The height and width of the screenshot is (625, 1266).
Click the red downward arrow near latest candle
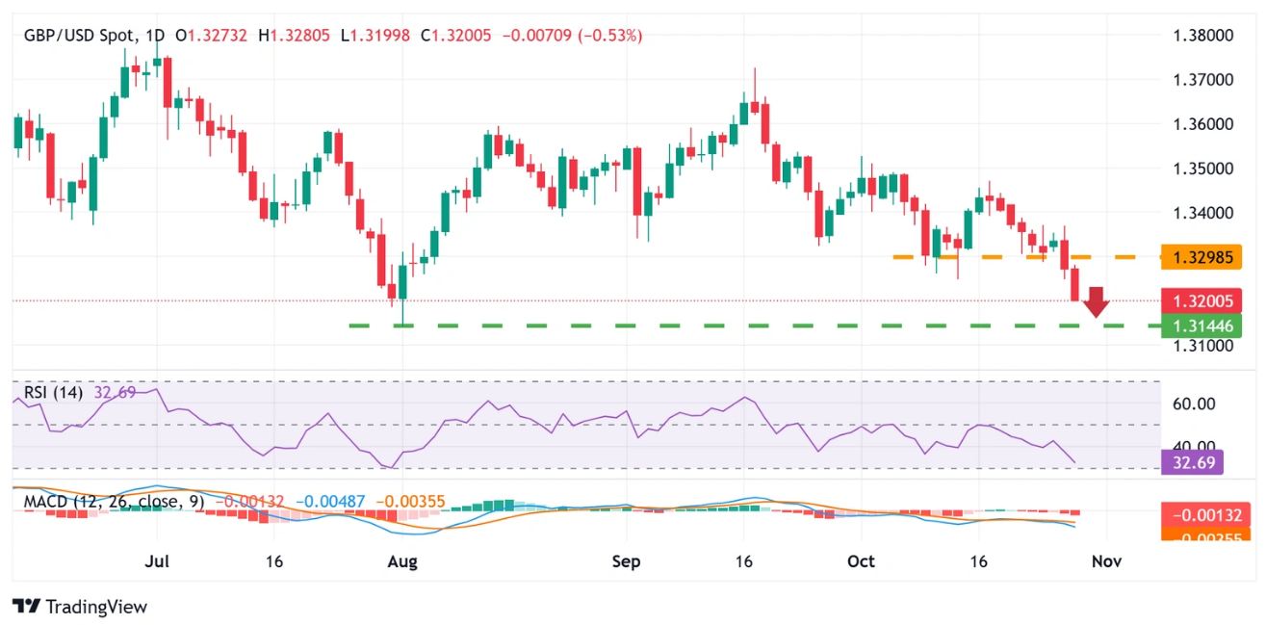click(x=1096, y=302)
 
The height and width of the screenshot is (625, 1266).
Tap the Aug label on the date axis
click(x=402, y=560)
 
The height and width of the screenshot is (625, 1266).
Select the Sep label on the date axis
click(x=627, y=560)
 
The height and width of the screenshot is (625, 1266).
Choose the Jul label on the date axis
click(x=157, y=560)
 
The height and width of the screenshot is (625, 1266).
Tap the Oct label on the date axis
click(x=861, y=560)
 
